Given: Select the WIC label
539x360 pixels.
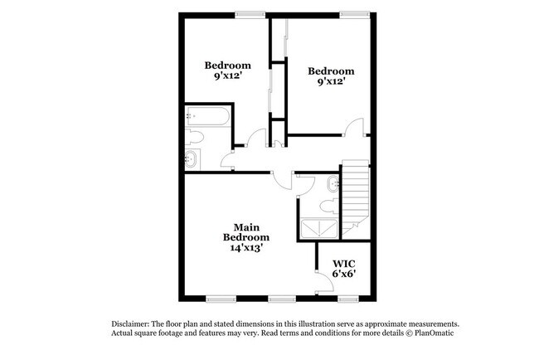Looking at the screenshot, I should (344, 263).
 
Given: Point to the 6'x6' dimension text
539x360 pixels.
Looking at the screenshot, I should (344, 274).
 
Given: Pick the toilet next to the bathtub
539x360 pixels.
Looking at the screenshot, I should (196, 138).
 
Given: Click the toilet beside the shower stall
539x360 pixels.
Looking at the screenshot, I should (328, 202).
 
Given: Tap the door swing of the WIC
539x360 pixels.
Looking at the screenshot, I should (323, 285).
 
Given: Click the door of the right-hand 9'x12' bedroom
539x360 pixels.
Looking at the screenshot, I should (355, 128).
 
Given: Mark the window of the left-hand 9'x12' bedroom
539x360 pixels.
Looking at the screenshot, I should (245, 13).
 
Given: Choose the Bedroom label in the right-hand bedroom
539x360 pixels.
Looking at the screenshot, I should (331, 71).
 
